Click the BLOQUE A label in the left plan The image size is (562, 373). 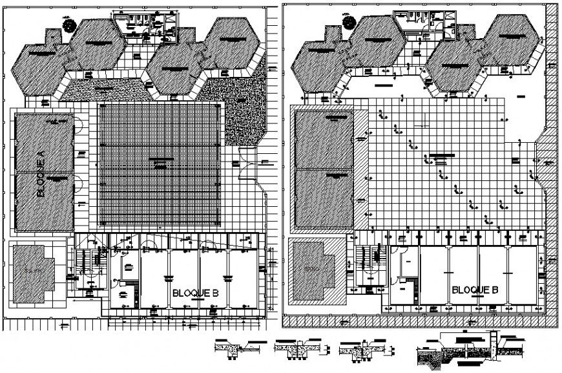(x=40, y=173)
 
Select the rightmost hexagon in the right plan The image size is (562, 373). (x=511, y=41)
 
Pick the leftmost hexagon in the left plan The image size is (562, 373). (x=40, y=68)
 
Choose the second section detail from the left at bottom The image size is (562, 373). (x=297, y=350)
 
